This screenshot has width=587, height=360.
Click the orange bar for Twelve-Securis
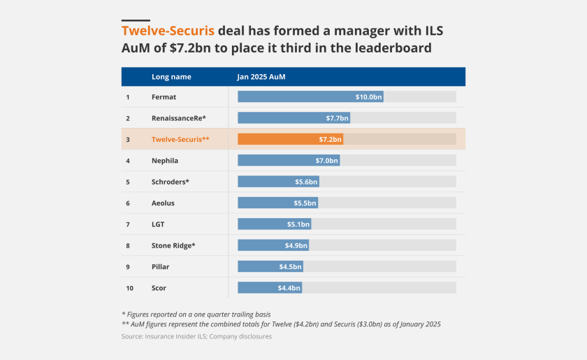coord(290,139)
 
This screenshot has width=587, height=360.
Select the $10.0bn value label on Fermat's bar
coord(368,96)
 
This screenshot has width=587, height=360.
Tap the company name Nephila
coord(165,161)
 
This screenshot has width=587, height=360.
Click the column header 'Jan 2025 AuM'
coord(261,77)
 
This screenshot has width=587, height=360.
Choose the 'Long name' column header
coord(171,77)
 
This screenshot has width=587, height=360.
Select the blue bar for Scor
coord(270,288)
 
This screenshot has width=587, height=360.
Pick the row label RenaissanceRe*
coord(179,118)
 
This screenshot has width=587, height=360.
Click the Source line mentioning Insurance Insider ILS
coord(196,336)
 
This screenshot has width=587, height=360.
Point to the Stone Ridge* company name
coord(173,245)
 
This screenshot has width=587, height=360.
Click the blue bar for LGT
coord(274,224)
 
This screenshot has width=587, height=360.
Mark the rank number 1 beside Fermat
coord(128,97)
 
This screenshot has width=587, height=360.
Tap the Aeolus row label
coord(163,203)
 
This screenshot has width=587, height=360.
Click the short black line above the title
coord(136,20)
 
